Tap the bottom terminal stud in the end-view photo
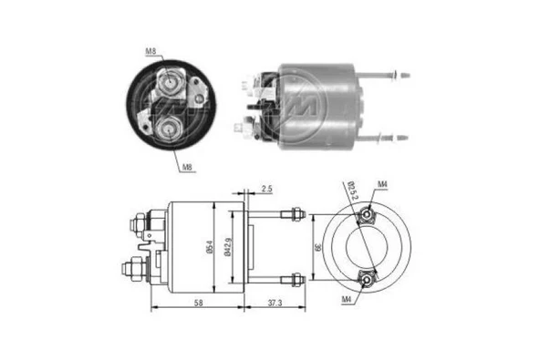click(x=170, y=129)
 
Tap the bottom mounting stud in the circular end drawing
click(x=367, y=279)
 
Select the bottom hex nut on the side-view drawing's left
click(x=133, y=270)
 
